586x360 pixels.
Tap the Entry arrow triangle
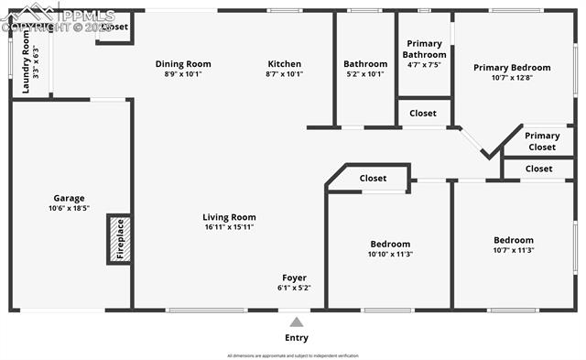point(296,322)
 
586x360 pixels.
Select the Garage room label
point(69,198)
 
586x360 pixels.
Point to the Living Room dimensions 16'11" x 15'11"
point(229,227)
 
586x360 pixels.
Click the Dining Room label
point(183,64)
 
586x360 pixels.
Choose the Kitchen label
point(284,64)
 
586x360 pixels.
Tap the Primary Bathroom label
point(424,49)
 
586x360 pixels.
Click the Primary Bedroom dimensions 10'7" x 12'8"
point(512,79)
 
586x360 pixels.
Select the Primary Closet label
point(542,141)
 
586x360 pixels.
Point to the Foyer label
point(294,278)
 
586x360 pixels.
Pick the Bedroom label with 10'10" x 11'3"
point(391,244)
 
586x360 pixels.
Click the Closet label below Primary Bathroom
point(423,114)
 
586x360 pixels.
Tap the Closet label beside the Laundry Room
point(114,27)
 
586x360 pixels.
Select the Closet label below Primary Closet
point(538,169)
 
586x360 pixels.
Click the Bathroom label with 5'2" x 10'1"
point(365,64)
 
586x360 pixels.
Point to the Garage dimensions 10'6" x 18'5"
point(69,209)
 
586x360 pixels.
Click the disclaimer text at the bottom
point(293,355)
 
